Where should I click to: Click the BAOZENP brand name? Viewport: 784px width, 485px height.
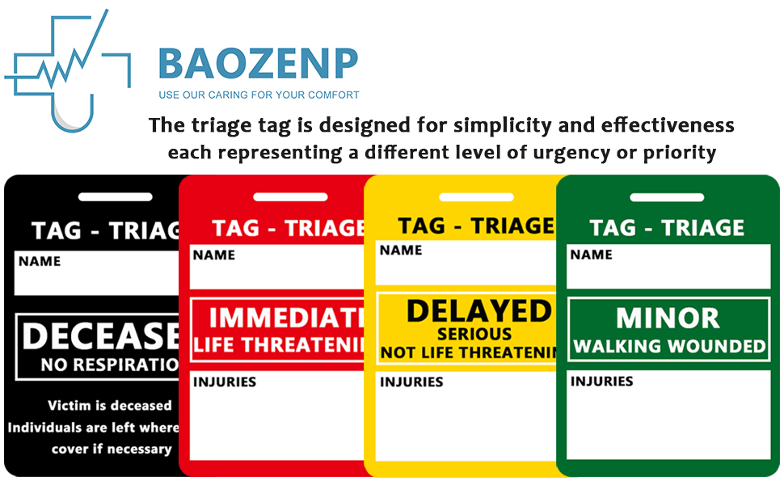258,63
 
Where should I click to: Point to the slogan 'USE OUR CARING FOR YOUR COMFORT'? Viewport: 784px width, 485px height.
259,95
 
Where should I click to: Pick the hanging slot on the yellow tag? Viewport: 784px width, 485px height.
476,196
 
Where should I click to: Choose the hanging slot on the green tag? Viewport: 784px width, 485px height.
667,197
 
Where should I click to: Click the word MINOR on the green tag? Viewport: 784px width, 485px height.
668,318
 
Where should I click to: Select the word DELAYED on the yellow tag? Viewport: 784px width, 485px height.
478,311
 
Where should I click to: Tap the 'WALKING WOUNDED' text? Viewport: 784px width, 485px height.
669,347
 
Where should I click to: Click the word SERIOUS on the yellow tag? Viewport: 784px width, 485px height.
474,334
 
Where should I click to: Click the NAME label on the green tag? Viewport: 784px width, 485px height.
592,255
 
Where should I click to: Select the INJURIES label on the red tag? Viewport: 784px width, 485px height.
224,382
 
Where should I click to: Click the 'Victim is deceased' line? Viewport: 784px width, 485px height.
110,406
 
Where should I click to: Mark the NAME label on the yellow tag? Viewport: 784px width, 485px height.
401,250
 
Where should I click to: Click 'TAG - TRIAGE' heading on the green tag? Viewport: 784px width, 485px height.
667,228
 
